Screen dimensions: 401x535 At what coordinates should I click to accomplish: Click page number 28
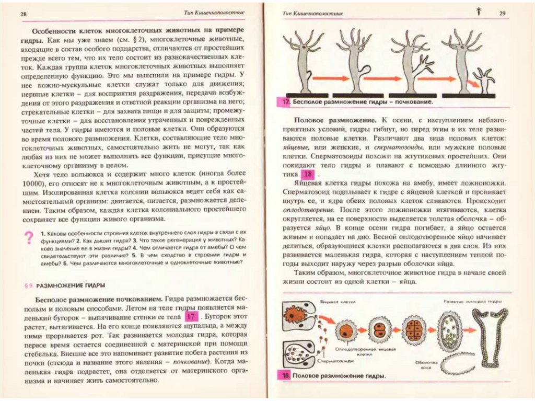[x=24, y=14]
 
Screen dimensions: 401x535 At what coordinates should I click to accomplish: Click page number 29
[x=503, y=14]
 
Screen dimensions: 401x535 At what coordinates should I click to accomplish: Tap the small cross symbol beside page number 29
[x=478, y=10]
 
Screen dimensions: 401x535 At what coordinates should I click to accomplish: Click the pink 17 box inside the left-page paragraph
[x=191, y=317]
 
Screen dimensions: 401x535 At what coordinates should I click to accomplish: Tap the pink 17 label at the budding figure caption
[x=285, y=102]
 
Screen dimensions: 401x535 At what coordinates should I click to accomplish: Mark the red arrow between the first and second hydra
[x=327, y=79]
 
